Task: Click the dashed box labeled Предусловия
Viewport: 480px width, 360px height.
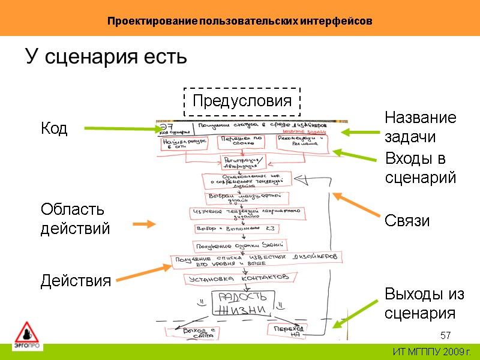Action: click(x=242, y=101)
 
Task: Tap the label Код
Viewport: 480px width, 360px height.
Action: click(x=54, y=128)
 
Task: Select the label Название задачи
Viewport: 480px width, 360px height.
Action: click(x=420, y=127)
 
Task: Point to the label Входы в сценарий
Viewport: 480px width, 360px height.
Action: click(x=420, y=167)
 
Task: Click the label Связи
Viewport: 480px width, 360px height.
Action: click(x=407, y=221)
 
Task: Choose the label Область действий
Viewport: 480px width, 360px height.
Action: click(x=75, y=219)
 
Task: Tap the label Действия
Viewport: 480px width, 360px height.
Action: click(x=76, y=281)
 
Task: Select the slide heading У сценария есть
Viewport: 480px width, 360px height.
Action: click(x=106, y=58)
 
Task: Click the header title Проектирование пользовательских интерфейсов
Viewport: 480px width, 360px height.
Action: click(x=240, y=21)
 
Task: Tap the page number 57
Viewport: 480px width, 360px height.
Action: click(x=445, y=335)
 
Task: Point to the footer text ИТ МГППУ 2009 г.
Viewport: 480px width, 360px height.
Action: click(x=431, y=351)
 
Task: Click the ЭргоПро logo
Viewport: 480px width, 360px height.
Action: click(x=26, y=336)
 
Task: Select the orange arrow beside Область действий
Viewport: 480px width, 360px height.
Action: click(x=144, y=224)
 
